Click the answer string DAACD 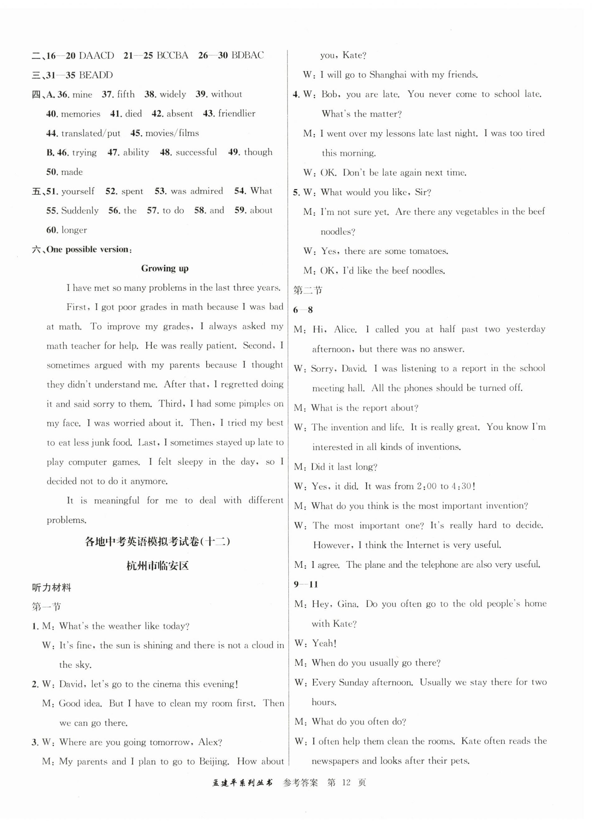pos(96,55)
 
